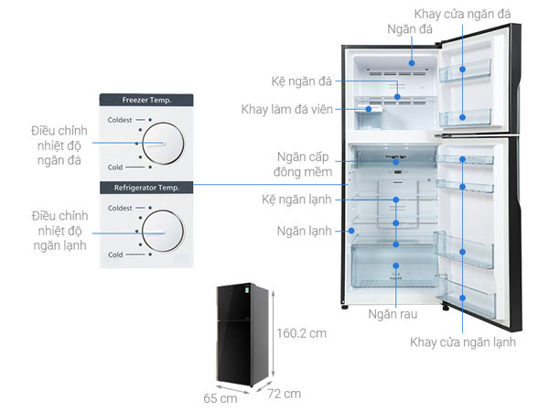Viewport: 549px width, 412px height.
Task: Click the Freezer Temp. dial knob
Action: (x=163, y=143)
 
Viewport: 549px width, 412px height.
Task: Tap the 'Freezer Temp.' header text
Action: (x=147, y=99)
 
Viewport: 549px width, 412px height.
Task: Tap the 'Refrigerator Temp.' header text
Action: (x=147, y=187)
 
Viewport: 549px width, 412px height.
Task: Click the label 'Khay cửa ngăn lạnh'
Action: (x=463, y=342)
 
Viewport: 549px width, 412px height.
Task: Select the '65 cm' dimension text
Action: (x=221, y=398)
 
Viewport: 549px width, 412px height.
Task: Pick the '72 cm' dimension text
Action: (x=285, y=394)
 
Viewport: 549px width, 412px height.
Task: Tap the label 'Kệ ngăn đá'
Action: (x=301, y=80)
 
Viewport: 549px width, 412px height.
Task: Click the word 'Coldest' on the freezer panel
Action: (x=121, y=120)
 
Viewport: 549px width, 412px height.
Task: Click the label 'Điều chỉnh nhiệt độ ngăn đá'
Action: (x=57, y=146)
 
